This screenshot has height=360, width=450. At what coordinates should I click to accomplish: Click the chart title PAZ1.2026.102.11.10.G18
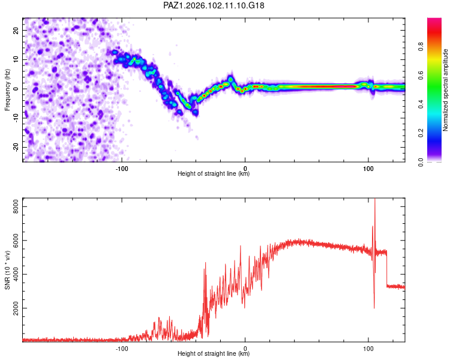[214, 5]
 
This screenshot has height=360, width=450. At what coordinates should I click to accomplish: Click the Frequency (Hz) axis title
[7, 90]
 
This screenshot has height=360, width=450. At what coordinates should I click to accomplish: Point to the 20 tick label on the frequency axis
[16, 31]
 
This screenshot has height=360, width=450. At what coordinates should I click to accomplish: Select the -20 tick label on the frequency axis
[16, 147]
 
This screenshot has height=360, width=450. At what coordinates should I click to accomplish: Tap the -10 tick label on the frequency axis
[16, 118]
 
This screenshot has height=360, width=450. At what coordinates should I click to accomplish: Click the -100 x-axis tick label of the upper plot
[122, 169]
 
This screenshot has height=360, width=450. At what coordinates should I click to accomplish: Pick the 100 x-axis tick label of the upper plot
[368, 169]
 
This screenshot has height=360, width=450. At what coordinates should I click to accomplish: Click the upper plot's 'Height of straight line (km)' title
[214, 173]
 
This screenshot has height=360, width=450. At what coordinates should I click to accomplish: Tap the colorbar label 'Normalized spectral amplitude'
[445, 90]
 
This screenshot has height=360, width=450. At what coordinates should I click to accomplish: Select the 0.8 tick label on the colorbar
[421, 47]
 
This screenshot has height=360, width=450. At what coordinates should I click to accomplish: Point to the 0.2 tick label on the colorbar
[421, 133]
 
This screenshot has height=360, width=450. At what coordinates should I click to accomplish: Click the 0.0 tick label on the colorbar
[421, 162]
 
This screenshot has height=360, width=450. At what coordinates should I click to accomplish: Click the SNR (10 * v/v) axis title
[7, 270]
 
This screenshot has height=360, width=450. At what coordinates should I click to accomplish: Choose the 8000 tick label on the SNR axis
[16, 206]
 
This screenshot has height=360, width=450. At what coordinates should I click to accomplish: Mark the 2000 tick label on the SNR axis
[16, 308]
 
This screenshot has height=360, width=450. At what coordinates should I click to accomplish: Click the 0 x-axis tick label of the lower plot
[245, 349]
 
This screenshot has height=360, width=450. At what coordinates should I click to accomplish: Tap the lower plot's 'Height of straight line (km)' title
[214, 353]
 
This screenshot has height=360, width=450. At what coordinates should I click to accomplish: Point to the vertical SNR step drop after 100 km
[386, 268]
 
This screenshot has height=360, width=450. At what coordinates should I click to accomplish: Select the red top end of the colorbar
[434, 20]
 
